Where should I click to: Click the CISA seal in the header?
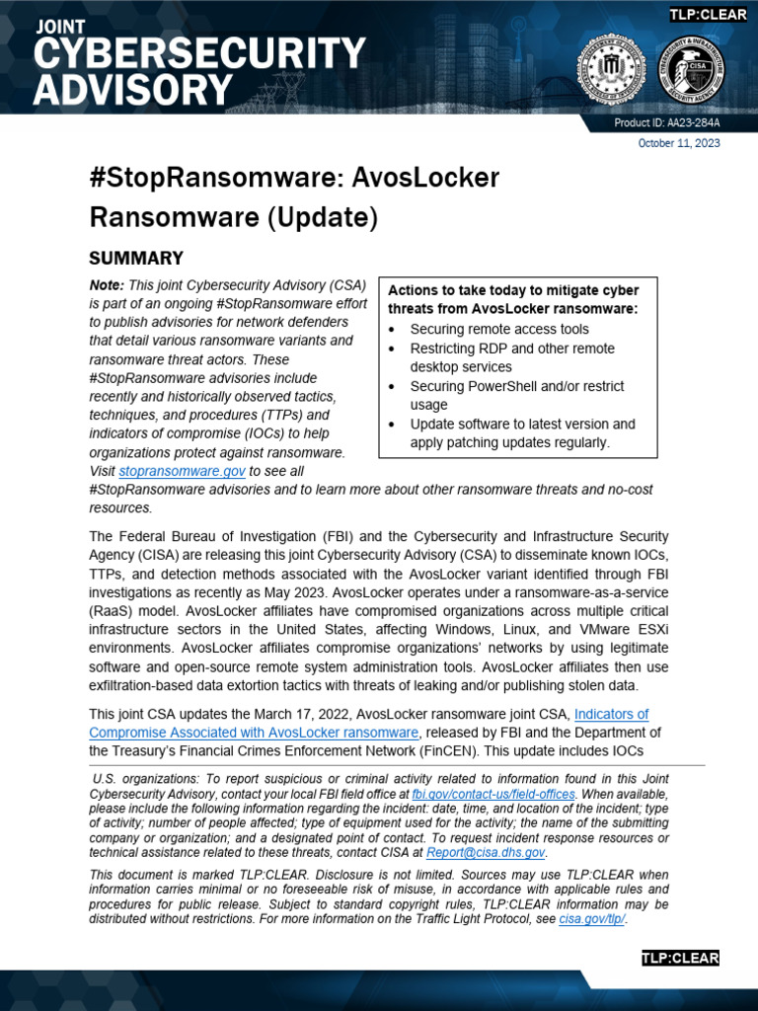pyautogui.click(x=691, y=67)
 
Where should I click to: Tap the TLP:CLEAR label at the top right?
pyautogui.click(x=708, y=14)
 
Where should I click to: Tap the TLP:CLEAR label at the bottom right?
pyautogui.click(x=680, y=958)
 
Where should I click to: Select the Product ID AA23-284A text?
pyautogui.click(x=667, y=123)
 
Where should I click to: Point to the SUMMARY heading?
pyautogui.click(x=136, y=259)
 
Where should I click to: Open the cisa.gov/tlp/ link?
pyautogui.click(x=592, y=919)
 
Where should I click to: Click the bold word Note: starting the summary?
pyautogui.click(x=107, y=284)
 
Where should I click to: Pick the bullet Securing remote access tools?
pyautogui.click(x=499, y=329)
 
